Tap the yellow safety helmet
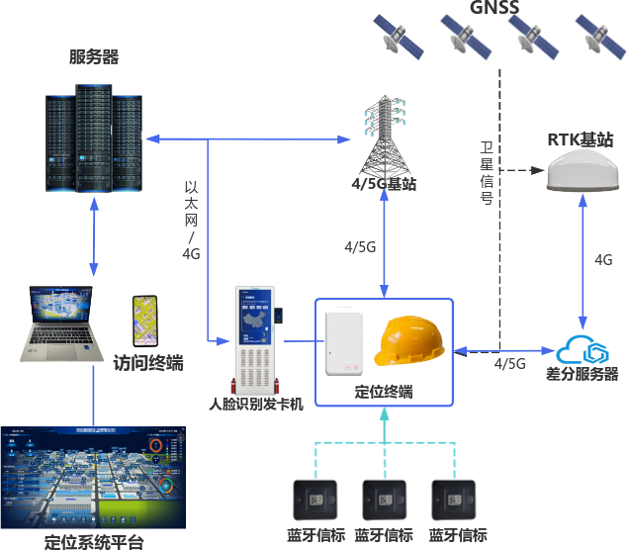point(409,342)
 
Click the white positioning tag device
point(344,341)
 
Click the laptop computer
point(62,324)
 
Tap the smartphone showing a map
point(145,321)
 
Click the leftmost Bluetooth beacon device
point(316,501)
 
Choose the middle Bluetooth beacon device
point(386,501)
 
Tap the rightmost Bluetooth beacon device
point(455,501)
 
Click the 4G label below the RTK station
point(602,259)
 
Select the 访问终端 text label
point(148,363)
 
